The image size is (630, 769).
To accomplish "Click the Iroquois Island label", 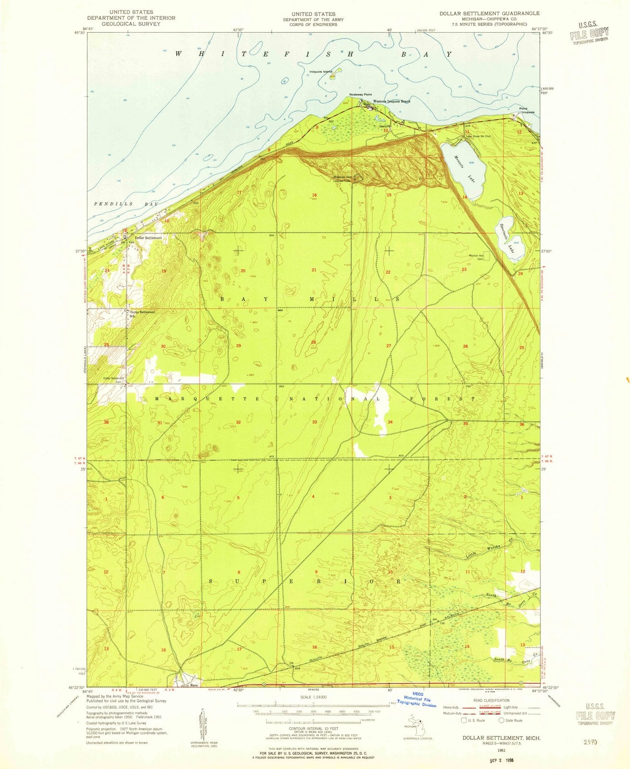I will (x=321, y=72).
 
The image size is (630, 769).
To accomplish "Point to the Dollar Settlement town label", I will (x=148, y=238).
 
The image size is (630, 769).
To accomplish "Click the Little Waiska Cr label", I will (x=483, y=551).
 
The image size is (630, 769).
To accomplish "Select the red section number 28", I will (x=314, y=342).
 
